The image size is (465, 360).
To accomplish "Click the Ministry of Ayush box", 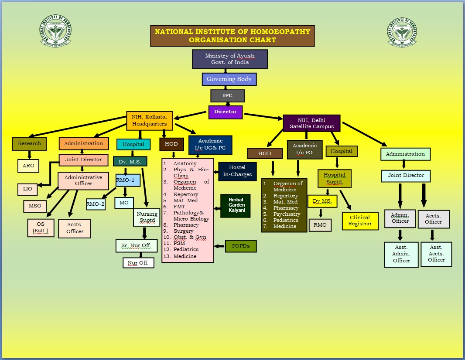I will click(x=229, y=59).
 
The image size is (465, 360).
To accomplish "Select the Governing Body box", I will click(x=229, y=79).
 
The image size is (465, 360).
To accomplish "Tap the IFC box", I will click(x=227, y=95).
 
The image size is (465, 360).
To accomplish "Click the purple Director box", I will click(x=225, y=112).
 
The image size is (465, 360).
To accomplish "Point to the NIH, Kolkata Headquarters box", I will click(x=150, y=120).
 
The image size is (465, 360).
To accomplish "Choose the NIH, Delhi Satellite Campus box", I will click(x=311, y=123).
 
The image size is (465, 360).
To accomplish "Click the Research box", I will click(x=30, y=143).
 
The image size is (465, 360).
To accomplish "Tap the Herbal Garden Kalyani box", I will click(x=235, y=205).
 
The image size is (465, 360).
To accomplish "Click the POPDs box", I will click(x=240, y=246).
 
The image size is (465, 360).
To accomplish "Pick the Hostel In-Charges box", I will click(x=237, y=171).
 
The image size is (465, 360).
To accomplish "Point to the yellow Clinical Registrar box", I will click(x=359, y=221).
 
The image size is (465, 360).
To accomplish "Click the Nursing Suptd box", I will click(x=147, y=217).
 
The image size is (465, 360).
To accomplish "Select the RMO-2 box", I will click(x=96, y=204).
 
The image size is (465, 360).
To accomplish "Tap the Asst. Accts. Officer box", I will click(x=436, y=254).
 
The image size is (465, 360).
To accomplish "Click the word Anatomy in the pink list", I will click(x=185, y=163).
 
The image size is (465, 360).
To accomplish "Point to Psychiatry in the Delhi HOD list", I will click(x=287, y=214).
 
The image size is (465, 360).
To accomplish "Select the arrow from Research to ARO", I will click(x=30, y=155).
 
